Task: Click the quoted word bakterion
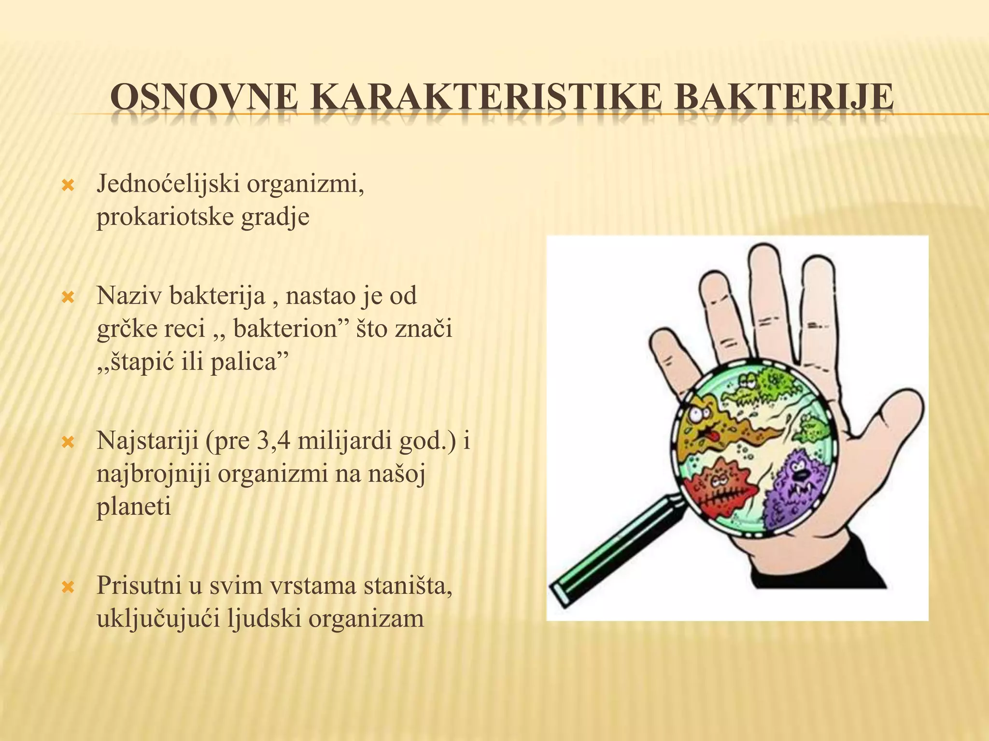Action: coord(285,329)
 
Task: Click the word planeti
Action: coord(134,508)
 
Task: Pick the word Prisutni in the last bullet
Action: coord(141,586)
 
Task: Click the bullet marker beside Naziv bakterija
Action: coord(68,297)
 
